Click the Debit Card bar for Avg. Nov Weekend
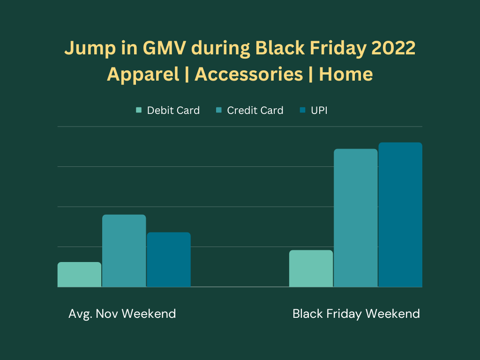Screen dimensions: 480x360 (x=79, y=275)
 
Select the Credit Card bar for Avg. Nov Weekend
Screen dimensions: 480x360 (x=124, y=251)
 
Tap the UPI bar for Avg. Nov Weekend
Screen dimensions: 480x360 (x=169, y=260)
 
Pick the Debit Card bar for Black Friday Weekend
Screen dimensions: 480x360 (x=311, y=269)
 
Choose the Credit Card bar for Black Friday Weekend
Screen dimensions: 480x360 (x=356, y=218)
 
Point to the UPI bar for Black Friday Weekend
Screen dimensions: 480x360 (x=400, y=215)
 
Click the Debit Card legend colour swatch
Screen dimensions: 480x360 (x=139, y=110)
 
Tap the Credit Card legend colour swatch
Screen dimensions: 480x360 (x=218, y=110)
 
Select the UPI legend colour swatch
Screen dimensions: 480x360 (x=302, y=110)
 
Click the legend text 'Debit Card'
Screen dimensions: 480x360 (x=173, y=110)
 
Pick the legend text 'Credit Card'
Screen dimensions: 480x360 (x=255, y=110)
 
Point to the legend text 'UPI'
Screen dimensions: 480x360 (x=319, y=110)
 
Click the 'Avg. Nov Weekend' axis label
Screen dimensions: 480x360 (x=122, y=314)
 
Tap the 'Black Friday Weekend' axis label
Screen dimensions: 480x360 (x=356, y=314)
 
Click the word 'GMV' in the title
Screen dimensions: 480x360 (x=164, y=48)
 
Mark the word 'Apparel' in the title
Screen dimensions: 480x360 (x=143, y=75)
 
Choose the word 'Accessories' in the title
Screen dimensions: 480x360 (x=249, y=75)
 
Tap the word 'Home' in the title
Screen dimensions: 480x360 (x=346, y=75)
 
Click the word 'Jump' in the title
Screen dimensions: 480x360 (x=90, y=49)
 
